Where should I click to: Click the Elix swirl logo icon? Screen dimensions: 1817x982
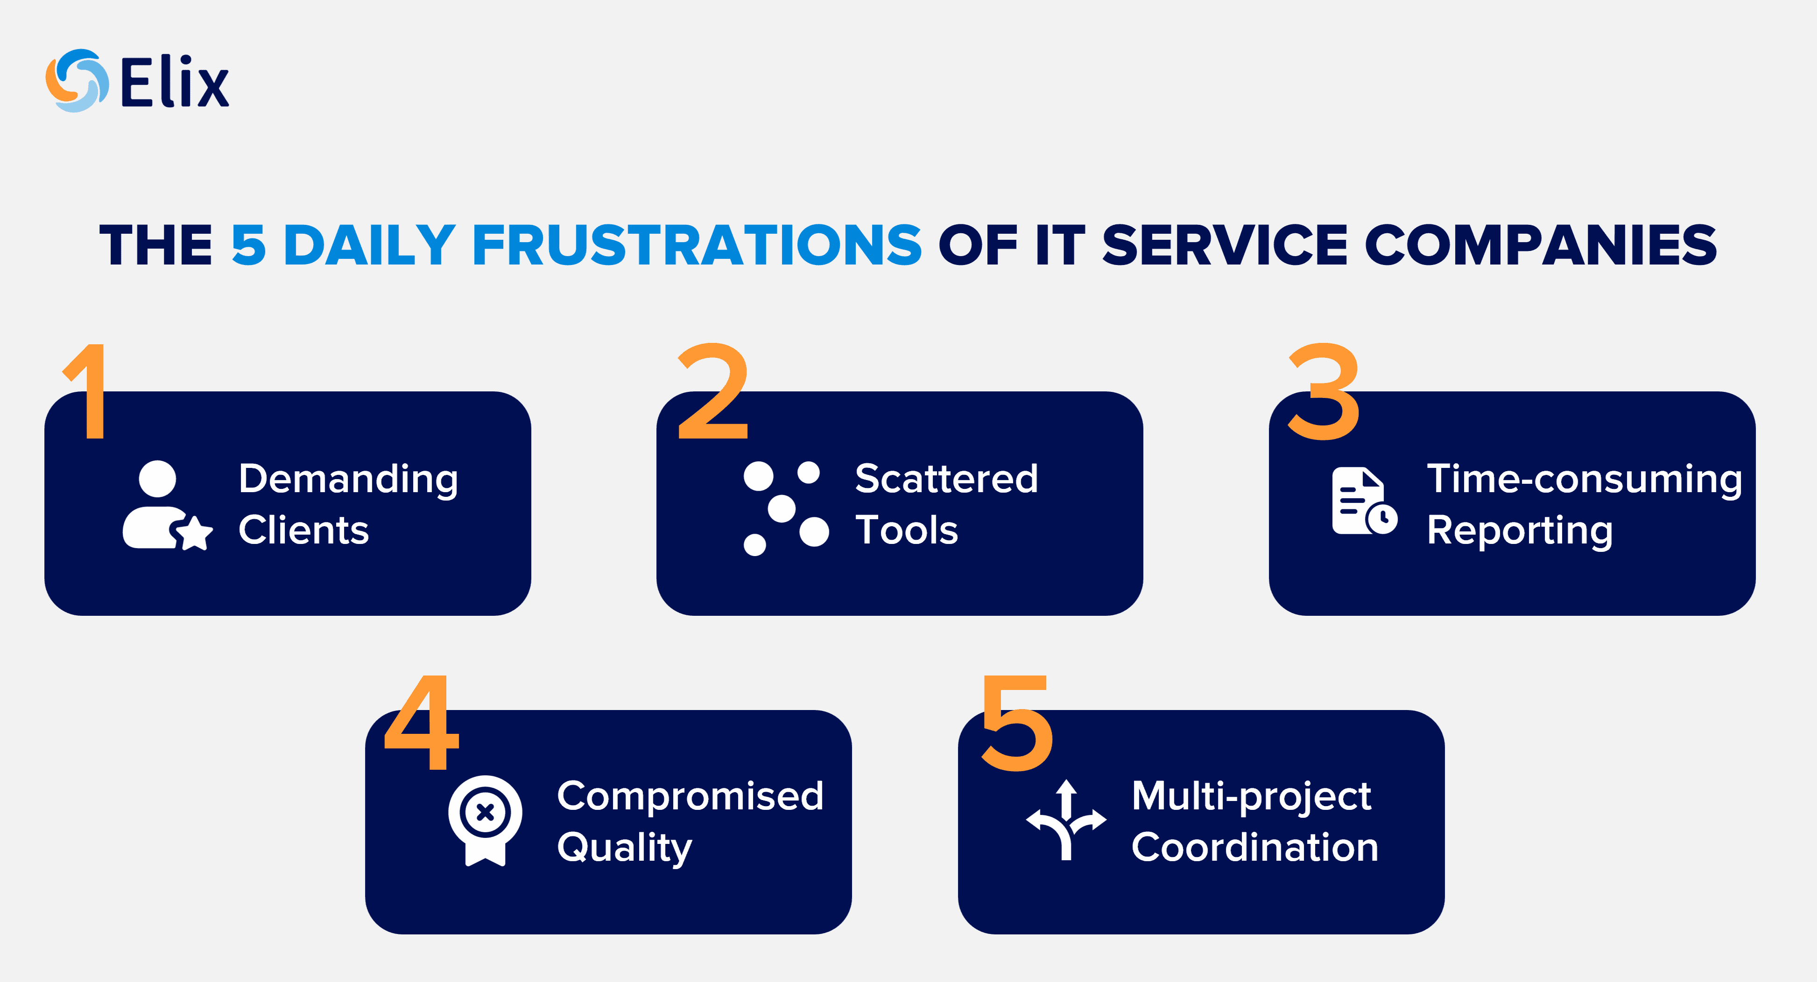[x=77, y=80]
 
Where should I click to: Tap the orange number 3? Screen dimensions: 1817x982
[x=1323, y=391]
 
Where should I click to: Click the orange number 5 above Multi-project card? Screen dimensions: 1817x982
[x=1017, y=723]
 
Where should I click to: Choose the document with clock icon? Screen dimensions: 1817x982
[x=1364, y=501]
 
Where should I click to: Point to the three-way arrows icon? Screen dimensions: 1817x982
[x=1066, y=820]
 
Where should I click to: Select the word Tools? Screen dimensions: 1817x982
[x=906, y=530]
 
